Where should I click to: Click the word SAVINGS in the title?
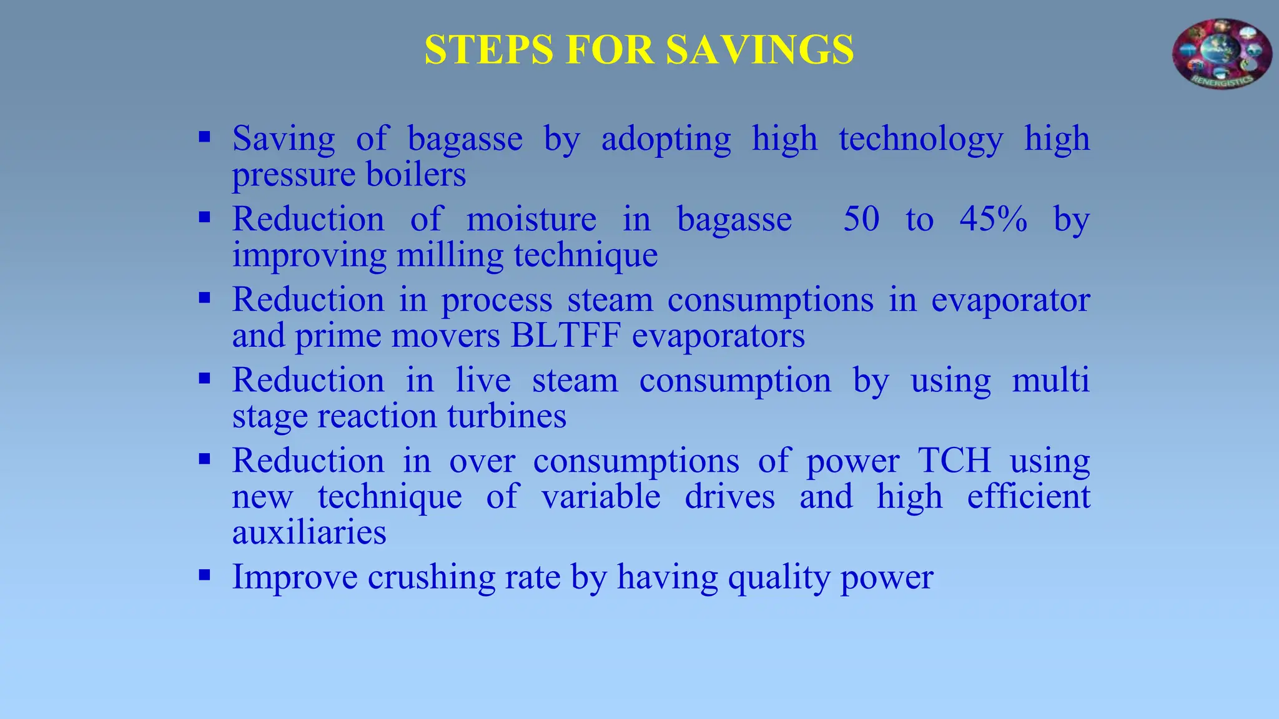tap(759, 50)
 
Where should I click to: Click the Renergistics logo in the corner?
tap(1222, 54)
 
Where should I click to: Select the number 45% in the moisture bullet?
tap(993, 219)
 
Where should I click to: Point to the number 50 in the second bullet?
tap(861, 219)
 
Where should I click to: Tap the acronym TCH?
tap(954, 461)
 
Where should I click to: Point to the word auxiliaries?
tap(309, 532)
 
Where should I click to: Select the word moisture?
tap(531, 219)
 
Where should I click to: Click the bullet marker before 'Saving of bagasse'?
tap(204, 137)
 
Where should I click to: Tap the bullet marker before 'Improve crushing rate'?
tap(204, 575)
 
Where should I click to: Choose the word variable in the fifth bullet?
tap(601, 497)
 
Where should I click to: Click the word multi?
tap(1050, 380)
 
